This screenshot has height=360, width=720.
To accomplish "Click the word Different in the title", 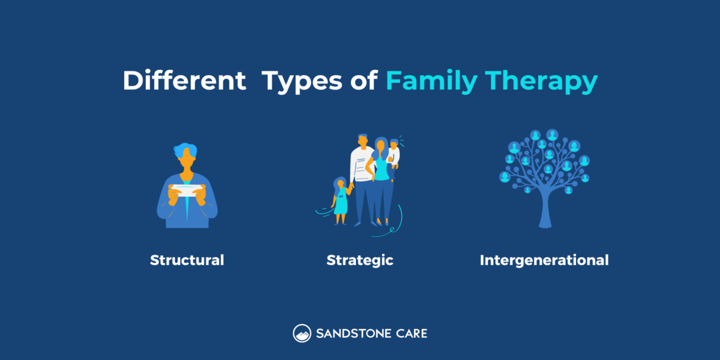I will tap(184, 82).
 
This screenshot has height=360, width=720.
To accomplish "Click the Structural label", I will tap(187, 260).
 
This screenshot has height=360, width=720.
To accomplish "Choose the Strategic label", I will tap(359, 260).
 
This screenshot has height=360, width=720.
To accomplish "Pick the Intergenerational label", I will tap(544, 260).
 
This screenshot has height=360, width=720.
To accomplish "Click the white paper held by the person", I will tap(187, 191).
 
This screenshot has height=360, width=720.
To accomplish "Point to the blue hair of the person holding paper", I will tap(187, 150).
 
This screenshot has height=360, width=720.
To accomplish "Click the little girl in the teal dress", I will tap(341, 201).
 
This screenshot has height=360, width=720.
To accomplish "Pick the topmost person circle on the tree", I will tap(552, 134).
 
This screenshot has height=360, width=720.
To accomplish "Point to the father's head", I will tap(362, 140).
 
